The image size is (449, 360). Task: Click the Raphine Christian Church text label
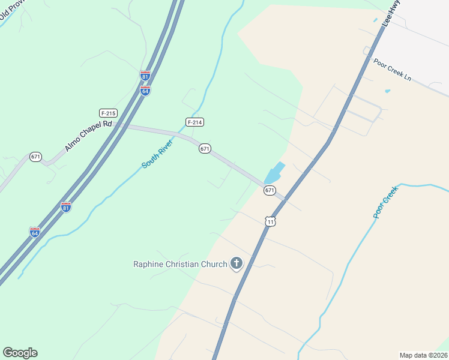click(180, 264)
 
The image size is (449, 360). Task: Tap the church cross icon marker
click(237, 263)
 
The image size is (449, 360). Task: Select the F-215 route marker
click(108, 113)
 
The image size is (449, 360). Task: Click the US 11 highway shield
click(271, 221)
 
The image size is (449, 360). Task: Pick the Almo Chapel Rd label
click(88, 136)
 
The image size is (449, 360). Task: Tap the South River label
click(157, 154)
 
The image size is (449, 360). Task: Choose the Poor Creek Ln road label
click(392, 70)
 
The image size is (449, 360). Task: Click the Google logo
click(20, 353)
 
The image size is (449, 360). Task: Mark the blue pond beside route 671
click(274, 174)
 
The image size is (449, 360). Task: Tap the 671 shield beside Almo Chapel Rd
click(35, 157)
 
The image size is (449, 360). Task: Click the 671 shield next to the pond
click(270, 190)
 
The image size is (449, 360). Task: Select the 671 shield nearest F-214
click(205, 148)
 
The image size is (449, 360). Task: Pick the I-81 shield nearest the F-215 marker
click(145, 76)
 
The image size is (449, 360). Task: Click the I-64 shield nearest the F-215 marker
click(145, 91)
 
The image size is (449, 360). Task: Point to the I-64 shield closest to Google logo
click(35, 232)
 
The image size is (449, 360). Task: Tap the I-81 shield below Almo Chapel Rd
click(66, 207)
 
